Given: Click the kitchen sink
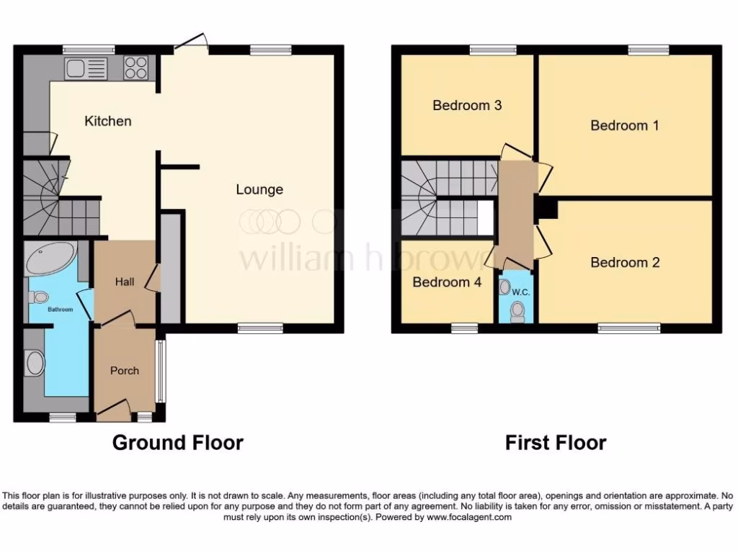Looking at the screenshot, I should (x=86, y=68).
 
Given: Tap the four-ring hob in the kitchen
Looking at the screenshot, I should (x=135, y=68).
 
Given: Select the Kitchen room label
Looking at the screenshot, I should (x=108, y=121).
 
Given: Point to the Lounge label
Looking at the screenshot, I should (x=259, y=190).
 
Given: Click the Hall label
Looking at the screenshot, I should (x=125, y=282).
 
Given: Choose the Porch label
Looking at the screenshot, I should (x=124, y=371).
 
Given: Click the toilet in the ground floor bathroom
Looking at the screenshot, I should (x=39, y=297).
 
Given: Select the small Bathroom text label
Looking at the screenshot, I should (x=61, y=310).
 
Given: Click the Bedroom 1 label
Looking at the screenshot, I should (x=625, y=125).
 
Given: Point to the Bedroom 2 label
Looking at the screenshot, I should (x=625, y=262).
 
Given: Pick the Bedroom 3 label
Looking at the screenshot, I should (x=467, y=105).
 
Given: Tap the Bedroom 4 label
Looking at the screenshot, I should (x=447, y=282).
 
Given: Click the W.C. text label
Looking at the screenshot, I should (x=521, y=292).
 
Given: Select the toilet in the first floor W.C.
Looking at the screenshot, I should (x=516, y=311).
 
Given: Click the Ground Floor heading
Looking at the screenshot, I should (x=177, y=442).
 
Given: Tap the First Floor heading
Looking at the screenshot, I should (x=556, y=442).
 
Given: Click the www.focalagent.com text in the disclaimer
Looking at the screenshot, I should (x=469, y=517).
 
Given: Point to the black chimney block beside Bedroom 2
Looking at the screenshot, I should (x=547, y=209).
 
